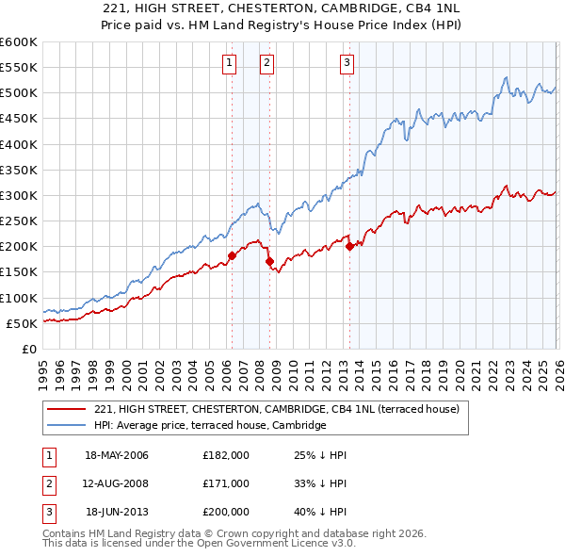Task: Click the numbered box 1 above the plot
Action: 230,63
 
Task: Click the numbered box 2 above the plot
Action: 266,63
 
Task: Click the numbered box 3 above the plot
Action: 347,63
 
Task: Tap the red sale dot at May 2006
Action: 232,255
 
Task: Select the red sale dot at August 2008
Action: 269,261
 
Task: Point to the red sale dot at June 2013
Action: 350,246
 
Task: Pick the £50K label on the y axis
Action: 22,323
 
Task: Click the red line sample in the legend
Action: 67,409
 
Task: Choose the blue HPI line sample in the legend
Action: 67,426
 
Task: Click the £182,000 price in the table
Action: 226,455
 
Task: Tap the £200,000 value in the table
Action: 226,512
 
